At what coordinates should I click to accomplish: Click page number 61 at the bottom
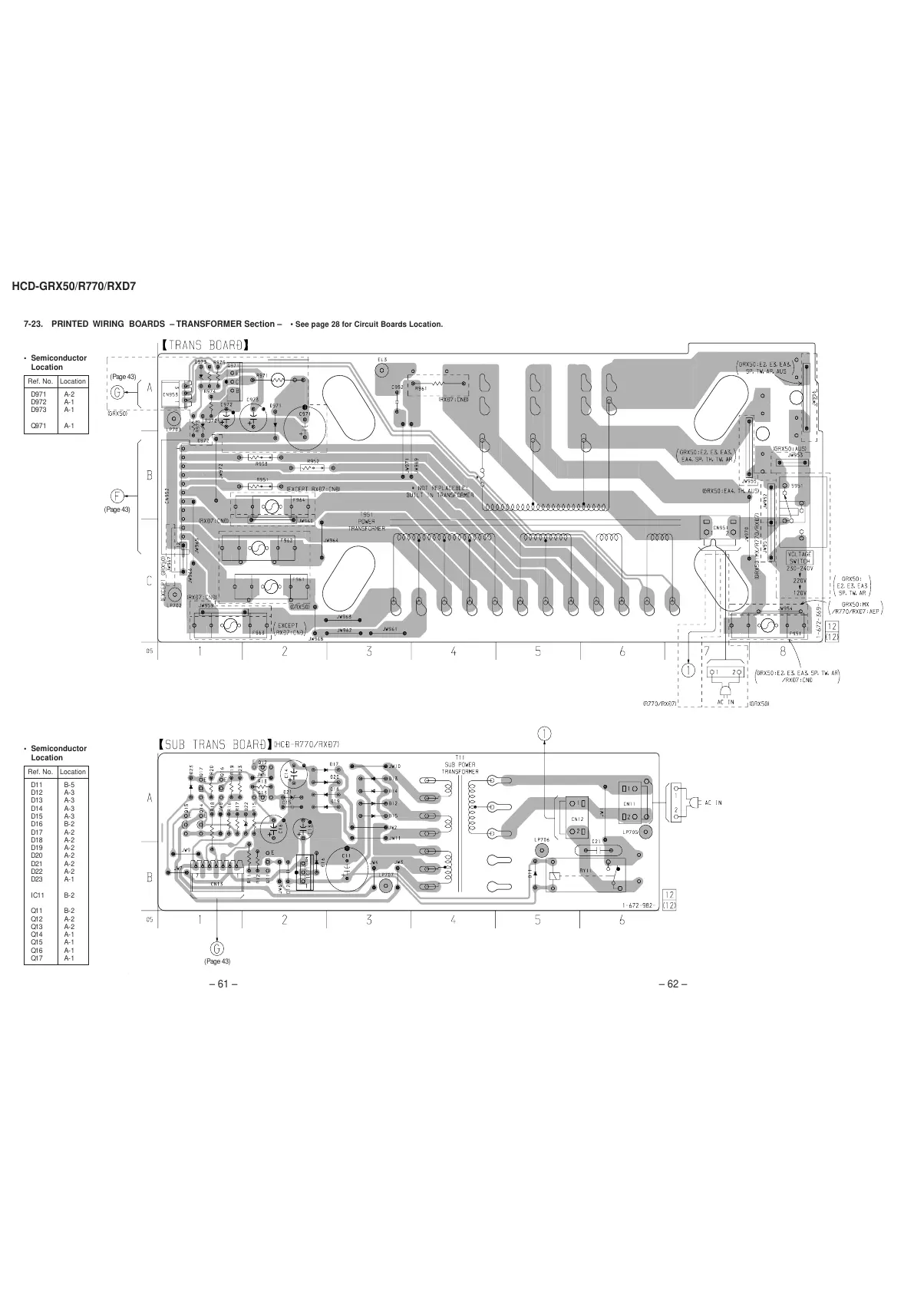point(223,985)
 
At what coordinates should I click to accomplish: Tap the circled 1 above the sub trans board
point(544,733)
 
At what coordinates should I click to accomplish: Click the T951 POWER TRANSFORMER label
point(366,522)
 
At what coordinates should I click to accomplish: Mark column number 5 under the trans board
point(538,651)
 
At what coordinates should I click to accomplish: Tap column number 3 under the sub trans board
point(369,919)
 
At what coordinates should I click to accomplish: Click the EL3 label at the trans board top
point(381,359)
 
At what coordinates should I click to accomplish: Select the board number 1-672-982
point(638,905)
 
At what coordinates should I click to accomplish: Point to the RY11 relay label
point(585,871)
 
